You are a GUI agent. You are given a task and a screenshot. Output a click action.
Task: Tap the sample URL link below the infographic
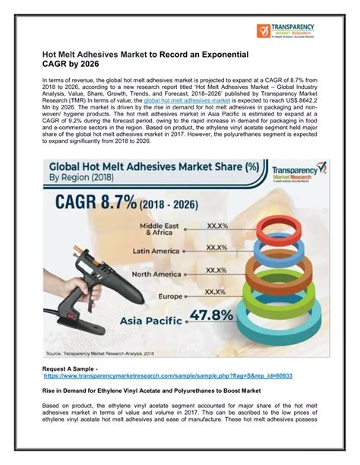coord(168,375)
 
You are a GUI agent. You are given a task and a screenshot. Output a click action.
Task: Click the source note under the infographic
coord(106,353)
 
